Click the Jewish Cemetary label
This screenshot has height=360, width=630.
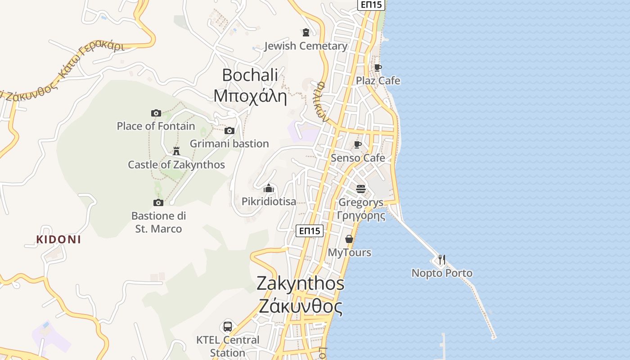tap(306, 46)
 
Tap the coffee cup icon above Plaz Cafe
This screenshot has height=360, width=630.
tap(378, 67)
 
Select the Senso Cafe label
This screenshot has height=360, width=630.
tap(358, 158)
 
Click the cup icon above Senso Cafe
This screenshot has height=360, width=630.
tap(358, 144)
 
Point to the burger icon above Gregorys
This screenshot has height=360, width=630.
tap(361, 189)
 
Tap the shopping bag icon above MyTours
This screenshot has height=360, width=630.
tap(349, 239)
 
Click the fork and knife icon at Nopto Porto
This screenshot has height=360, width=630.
tap(442, 260)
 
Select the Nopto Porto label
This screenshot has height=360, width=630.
tap(442, 273)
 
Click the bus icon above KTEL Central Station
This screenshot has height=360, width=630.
tap(228, 327)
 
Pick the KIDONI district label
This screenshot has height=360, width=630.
tap(59, 239)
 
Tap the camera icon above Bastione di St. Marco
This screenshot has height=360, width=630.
tap(158, 203)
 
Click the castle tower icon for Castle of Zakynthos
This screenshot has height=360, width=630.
tap(176, 151)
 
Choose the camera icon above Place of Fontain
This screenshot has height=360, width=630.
tap(156, 113)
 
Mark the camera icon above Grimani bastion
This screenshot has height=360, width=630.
tap(229, 131)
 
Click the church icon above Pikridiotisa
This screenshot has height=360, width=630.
tap(269, 188)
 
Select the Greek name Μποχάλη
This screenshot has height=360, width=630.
tap(250, 96)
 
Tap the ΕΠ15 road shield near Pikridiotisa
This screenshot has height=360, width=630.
tap(310, 231)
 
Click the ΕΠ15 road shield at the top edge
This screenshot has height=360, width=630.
tap(371, 5)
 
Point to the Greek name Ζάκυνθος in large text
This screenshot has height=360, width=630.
tap(301, 306)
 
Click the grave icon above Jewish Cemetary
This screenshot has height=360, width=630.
tap(306, 32)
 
